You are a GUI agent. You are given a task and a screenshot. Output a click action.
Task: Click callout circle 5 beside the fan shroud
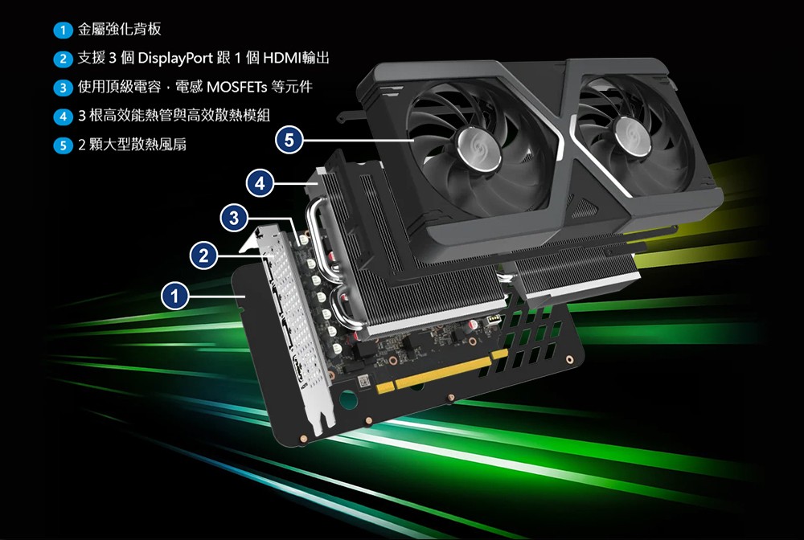tap(289, 140)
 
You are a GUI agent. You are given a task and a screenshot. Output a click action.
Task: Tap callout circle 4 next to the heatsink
tap(260, 183)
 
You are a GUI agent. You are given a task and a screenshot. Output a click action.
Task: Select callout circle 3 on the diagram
tap(234, 218)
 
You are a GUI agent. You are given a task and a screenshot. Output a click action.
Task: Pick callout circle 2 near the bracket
tap(203, 256)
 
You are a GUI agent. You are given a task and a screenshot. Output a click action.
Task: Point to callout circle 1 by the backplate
tap(174, 296)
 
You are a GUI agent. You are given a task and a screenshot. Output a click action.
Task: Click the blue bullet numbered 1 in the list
tap(63, 31)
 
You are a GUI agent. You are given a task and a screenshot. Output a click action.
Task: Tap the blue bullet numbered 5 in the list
tap(63, 145)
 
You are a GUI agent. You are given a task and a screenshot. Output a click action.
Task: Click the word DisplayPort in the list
tap(175, 59)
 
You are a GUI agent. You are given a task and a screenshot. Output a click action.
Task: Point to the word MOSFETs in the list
tap(237, 87)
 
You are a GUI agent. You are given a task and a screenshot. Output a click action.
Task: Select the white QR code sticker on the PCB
tap(363, 381)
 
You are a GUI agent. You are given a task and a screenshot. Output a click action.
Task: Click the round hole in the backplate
tap(349, 399)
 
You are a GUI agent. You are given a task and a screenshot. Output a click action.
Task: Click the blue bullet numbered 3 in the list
tap(63, 88)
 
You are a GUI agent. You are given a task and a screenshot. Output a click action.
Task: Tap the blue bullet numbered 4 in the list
tap(63, 117)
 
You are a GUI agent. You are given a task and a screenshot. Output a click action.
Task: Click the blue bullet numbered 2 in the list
tap(63, 59)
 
